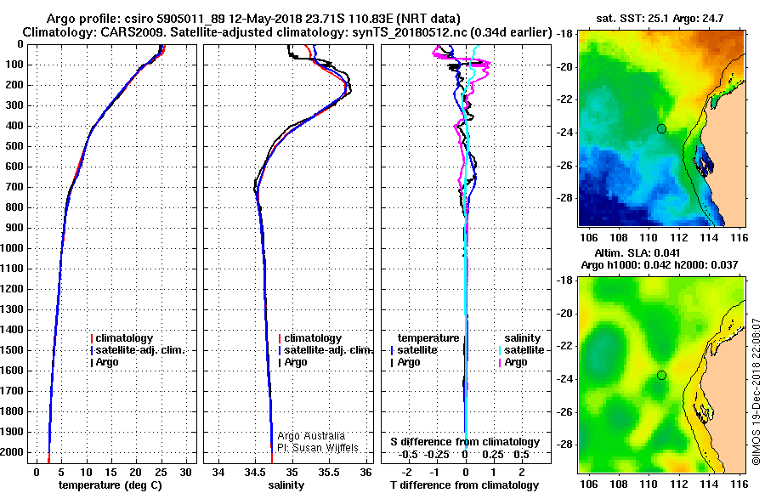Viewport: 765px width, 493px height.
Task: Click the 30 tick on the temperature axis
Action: [186, 473]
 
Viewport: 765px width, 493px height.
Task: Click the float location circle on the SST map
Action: [661, 128]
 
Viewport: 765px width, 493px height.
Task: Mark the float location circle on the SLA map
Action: [661, 375]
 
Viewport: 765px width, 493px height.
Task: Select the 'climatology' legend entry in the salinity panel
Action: [313, 338]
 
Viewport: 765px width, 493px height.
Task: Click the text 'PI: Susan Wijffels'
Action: [318, 448]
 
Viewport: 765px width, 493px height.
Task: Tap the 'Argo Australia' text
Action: [311, 436]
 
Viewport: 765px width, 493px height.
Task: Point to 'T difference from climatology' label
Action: [465, 485]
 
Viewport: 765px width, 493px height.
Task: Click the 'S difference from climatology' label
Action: [465, 442]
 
